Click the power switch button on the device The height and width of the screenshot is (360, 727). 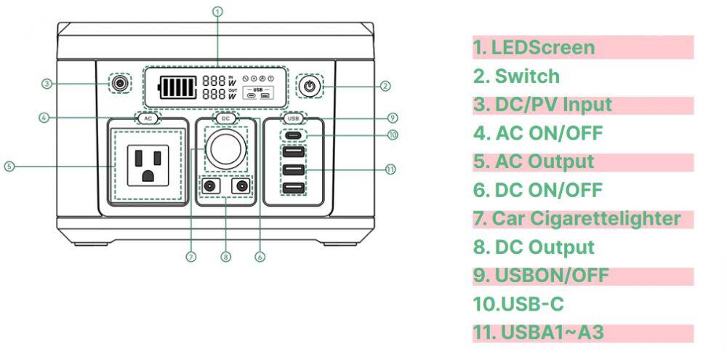(x=310, y=86)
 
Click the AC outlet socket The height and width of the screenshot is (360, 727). (x=148, y=165)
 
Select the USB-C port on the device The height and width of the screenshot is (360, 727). (x=294, y=135)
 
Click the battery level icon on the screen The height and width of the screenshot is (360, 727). (x=177, y=88)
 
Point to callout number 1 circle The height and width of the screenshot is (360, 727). (x=217, y=11)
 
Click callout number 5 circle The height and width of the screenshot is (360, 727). (x=9, y=166)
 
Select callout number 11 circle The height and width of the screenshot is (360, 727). (x=390, y=169)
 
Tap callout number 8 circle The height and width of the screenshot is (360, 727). (x=225, y=256)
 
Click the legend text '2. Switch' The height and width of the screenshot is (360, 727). (x=517, y=76)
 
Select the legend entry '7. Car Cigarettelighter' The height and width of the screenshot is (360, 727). (x=577, y=218)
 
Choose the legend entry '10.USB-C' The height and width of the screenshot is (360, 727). (x=518, y=304)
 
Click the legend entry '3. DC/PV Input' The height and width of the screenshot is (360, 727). (x=542, y=105)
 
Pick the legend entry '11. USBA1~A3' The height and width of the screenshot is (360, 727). (x=539, y=332)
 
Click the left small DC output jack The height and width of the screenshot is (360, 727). (x=212, y=187)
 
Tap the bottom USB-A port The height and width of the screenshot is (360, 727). (x=294, y=188)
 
